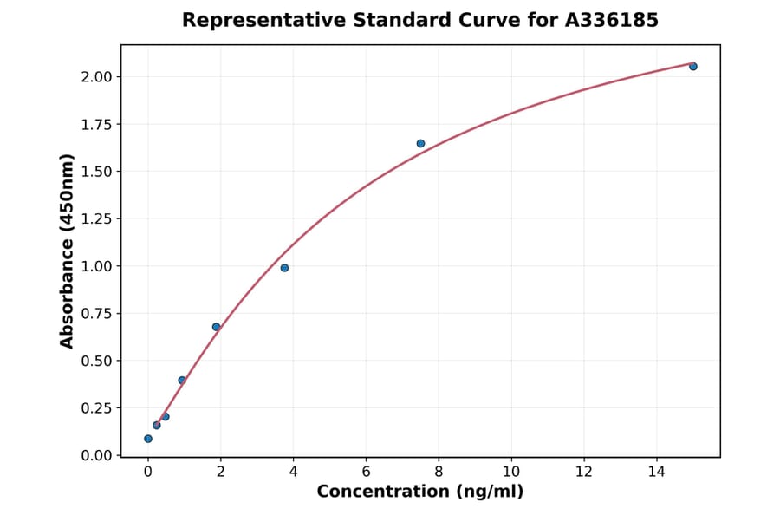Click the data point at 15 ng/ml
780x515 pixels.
[x=693, y=66]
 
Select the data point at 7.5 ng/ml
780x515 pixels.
[x=420, y=143]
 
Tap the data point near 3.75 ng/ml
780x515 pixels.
[x=284, y=268]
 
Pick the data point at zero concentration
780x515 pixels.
[x=148, y=439]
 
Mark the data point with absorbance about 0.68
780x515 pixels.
[x=216, y=327]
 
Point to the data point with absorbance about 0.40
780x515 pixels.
[x=182, y=380]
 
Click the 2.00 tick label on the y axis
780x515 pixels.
[x=96, y=77]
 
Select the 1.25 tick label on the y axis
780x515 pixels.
[x=96, y=218]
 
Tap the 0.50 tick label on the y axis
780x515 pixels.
[x=96, y=361]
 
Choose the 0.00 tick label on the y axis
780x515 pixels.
[x=96, y=455]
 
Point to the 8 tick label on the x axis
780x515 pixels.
[x=439, y=472]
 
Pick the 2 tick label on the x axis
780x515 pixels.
[x=221, y=472]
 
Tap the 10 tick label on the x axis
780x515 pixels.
[x=511, y=472]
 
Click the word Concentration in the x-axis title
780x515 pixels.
[x=382, y=492]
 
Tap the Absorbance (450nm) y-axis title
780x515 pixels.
[x=68, y=251]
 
